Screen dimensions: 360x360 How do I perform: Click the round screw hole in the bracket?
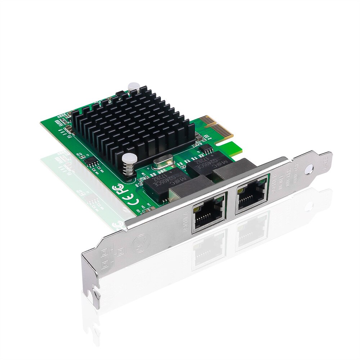(308, 168)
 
